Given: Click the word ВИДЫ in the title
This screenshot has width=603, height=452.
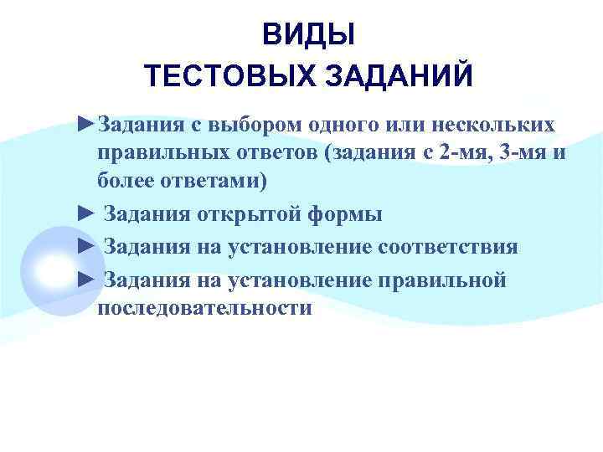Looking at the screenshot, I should [308, 35].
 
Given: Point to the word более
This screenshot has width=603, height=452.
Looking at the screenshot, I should [125, 181].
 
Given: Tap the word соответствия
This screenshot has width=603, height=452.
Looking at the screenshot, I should [447, 247].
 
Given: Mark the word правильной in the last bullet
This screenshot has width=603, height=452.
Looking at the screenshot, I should [445, 280].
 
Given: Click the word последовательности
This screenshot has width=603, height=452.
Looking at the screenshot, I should [204, 307].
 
